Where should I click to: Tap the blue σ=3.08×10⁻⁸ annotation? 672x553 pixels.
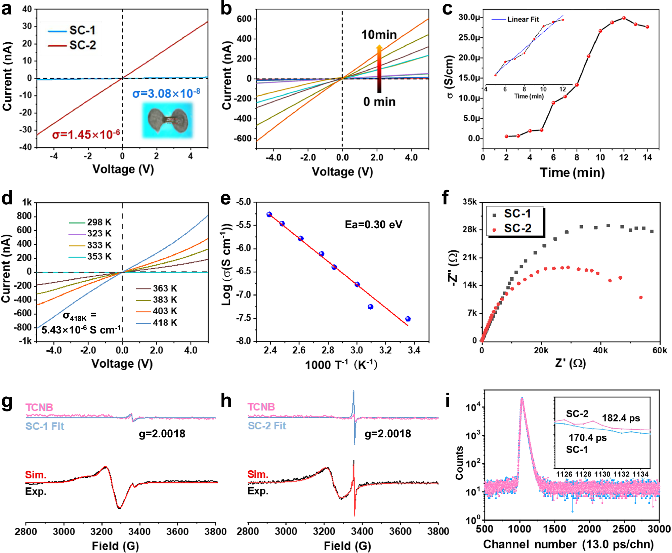(x=166, y=93)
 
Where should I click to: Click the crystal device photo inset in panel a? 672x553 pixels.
(x=167, y=120)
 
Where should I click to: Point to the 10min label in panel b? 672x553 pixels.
(x=379, y=35)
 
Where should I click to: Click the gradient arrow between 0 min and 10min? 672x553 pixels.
(x=379, y=69)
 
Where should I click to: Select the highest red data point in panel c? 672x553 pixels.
(x=624, y=18)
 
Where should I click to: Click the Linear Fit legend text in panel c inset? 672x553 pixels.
(x=523, y=19)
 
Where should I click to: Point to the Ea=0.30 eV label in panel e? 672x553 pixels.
(x=373, y=224)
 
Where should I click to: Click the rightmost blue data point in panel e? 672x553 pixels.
(x=408, y=319)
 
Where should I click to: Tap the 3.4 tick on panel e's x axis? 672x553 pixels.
(x=414, y=350)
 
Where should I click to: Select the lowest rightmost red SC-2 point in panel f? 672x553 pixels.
(x=641, y=297)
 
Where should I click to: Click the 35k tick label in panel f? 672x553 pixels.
(x=469, y=202)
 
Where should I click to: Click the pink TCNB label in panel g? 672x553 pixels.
(x=39, y=407)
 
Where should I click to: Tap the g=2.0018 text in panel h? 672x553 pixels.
(x=387, y=434)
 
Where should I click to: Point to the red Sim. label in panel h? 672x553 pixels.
(x=258, y=474)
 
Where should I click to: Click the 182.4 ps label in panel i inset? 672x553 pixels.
(x=621, y=418)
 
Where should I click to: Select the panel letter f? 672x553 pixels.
(x=445, y=198)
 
